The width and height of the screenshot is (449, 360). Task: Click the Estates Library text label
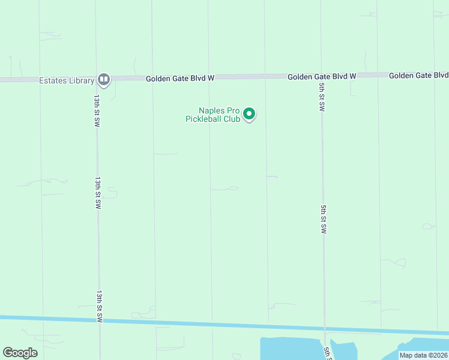[67, 81]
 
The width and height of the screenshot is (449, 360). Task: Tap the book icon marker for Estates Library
[104, 79]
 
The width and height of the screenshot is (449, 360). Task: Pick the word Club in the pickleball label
[232, 119]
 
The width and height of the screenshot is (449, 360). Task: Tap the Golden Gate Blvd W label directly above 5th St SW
[322, 77]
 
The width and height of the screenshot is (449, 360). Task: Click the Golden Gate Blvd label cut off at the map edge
[418, 76]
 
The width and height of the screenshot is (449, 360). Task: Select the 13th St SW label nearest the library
[97, 109]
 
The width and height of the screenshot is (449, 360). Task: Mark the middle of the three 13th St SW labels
[98, 192]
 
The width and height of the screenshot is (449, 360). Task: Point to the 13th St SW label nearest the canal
[99, 307]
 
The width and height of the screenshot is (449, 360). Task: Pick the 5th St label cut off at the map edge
[327, 353]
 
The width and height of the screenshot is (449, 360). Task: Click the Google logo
[20, 353]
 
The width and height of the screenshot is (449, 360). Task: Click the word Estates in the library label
[52, 81]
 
